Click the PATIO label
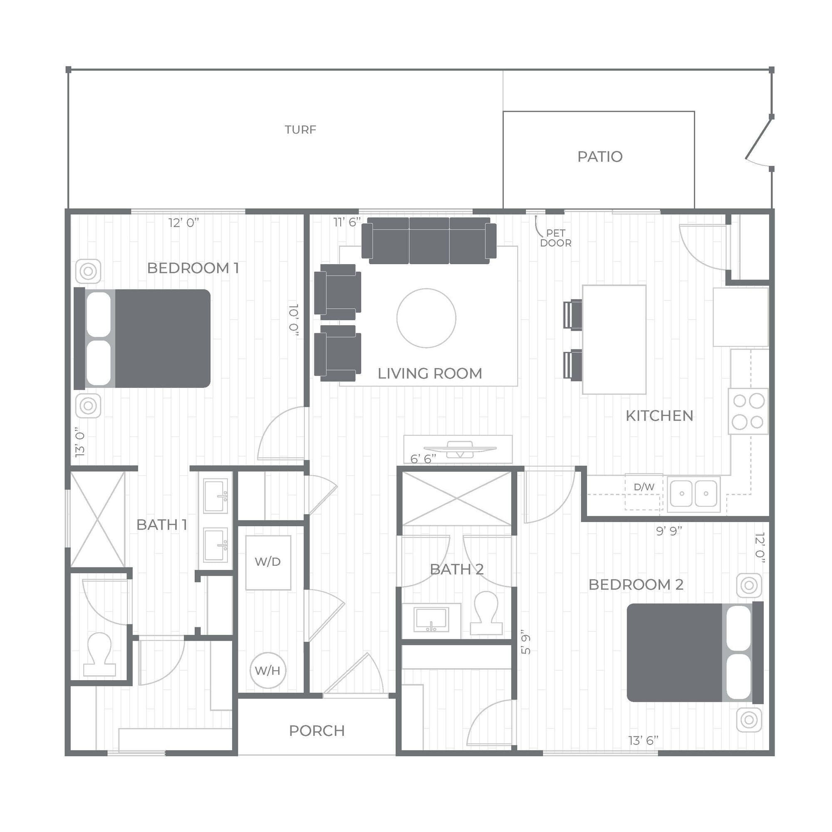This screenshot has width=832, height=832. pos(599,157)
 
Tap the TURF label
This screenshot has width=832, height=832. pos(300,130)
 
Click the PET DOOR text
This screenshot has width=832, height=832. pos(555,238)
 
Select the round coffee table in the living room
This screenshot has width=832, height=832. pos(426,318)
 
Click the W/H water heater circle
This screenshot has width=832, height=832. pos(267,670)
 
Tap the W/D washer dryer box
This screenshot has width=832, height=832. pos(268,562)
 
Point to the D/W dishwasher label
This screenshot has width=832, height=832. pos(644,487)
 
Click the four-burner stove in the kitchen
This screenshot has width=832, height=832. pos(748,411)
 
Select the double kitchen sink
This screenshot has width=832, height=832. pos(693,493)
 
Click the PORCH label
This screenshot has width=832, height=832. pos(317,731)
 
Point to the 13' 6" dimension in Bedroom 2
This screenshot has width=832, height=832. pos(644,740)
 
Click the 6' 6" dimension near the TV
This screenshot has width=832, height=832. pos(423,459)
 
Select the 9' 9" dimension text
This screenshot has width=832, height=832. pos(669,531)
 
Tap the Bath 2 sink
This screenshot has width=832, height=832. pos(431,619)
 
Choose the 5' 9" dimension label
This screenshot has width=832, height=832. pos(526,644)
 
